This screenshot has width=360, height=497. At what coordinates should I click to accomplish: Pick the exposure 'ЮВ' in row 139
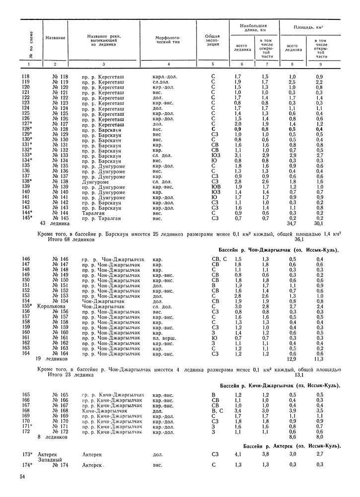[216, 187]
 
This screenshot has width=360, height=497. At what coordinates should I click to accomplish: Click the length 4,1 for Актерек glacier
[238, 454]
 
